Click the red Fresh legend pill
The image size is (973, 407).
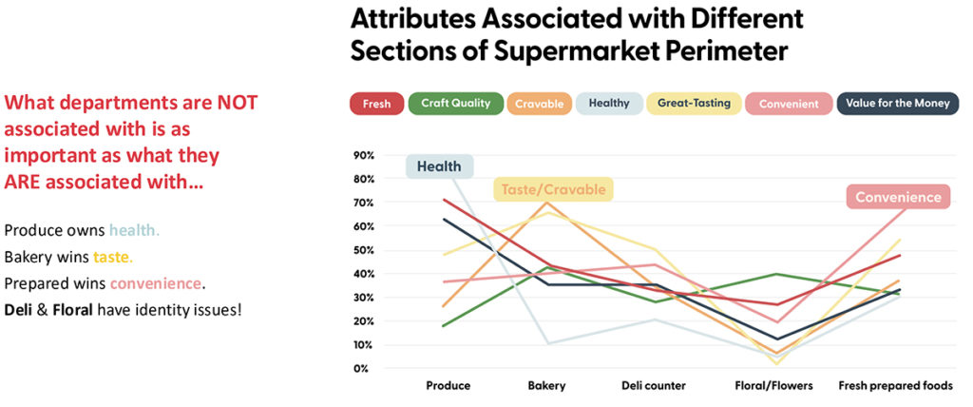pos(376,104)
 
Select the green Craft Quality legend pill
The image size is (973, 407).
pos(455,104)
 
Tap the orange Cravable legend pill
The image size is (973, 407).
pos(539,104)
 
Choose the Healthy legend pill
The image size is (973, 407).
pos(608,104)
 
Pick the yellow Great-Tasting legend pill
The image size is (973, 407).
pos(694,104)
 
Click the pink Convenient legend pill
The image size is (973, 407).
pos(788,104)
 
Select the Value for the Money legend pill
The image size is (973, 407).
pos(897,104)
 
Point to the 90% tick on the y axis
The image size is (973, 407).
pos(363,155)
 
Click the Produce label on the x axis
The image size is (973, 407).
pos(447,386)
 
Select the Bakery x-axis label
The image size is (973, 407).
pos(546,386)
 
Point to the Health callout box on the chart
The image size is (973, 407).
pos(438,166)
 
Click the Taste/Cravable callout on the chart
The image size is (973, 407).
pos(553,189)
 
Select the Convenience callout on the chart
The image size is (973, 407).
pos(898,198)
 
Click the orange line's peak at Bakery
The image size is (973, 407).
pos(546,203)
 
